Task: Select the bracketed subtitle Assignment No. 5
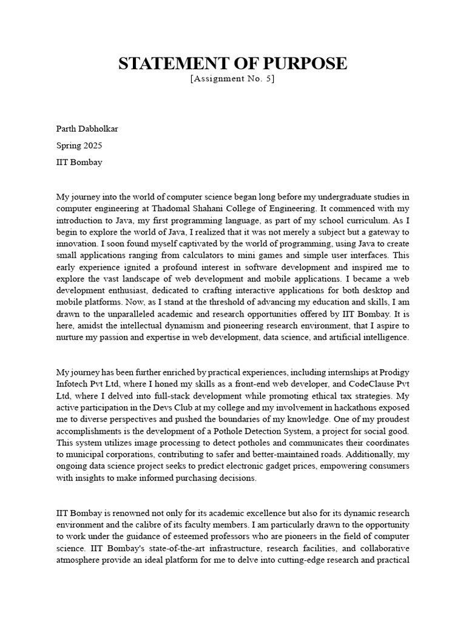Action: coord(232,79)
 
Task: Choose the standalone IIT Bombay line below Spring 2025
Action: coord(79,163)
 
